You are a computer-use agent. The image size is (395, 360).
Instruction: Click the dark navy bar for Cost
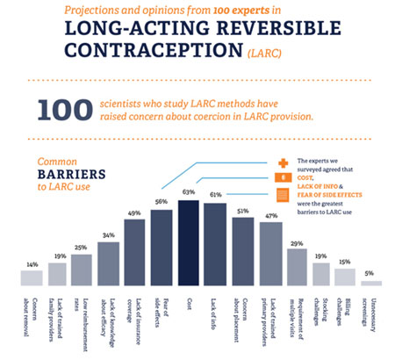[x=188, y=243]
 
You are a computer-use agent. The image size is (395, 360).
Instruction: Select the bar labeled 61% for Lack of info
[x=215, y=245]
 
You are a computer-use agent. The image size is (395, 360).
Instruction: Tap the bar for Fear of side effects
[x=162, y=248]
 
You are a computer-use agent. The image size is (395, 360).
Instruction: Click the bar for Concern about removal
[x=32, y=277]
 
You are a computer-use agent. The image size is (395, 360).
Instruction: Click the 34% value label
[x=109, y=234]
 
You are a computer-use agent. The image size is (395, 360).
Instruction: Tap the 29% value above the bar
[x=296, y=241]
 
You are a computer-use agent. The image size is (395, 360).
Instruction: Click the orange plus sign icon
[x=283, y=162]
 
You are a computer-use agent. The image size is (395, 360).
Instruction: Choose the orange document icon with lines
[x=283, y=194]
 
